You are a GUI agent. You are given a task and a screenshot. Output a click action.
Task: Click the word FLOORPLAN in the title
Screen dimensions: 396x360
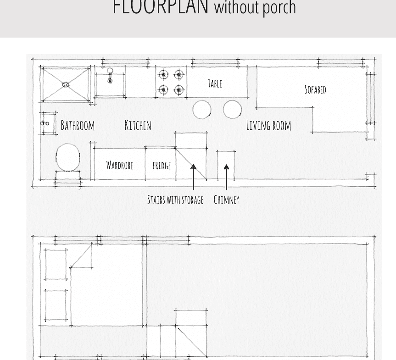(x=160, y=7)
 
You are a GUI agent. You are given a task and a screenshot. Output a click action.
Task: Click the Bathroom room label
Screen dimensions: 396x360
(x=78, y=126)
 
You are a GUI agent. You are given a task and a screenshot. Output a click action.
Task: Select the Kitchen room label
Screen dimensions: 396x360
(x=138, y=125)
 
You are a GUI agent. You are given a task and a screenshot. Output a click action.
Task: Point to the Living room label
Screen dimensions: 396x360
(x=268, y=126)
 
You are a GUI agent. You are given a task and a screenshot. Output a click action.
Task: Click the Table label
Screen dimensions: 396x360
(x=215, y=83)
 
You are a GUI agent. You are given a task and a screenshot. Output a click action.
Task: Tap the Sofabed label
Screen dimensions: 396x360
(x=315, y=89)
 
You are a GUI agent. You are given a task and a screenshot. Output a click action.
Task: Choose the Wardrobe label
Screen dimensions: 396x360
(x=119, y=166)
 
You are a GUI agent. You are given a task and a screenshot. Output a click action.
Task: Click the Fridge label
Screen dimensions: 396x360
(x=162, y=166)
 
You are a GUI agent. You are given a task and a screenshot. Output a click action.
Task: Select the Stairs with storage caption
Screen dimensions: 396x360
(x=175, y=199)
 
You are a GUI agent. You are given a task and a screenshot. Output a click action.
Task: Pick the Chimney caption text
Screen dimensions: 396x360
(x=226, y=199)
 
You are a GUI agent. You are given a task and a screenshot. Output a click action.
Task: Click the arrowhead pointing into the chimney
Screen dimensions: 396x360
(x=227, y=167)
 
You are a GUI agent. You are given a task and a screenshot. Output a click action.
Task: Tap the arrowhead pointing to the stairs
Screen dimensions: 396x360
(x=193, y=167)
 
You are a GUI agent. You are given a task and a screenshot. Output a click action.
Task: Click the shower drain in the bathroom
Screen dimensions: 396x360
(x=66, y=84)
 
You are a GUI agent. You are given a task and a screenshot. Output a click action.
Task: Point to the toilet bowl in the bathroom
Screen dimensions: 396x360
(x=68, y=157)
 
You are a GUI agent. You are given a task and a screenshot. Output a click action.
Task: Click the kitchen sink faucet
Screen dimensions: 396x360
(x=110, y=75)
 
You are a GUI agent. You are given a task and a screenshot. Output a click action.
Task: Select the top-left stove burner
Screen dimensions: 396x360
(x=163, y=75)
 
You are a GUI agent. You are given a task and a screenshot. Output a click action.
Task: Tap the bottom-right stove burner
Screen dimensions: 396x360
(x=179, y=89)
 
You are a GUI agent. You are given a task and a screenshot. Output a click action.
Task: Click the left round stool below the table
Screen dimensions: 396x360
(x=202, y=110)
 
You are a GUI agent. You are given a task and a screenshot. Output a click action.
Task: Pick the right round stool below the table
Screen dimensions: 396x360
(x=232, y=109)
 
